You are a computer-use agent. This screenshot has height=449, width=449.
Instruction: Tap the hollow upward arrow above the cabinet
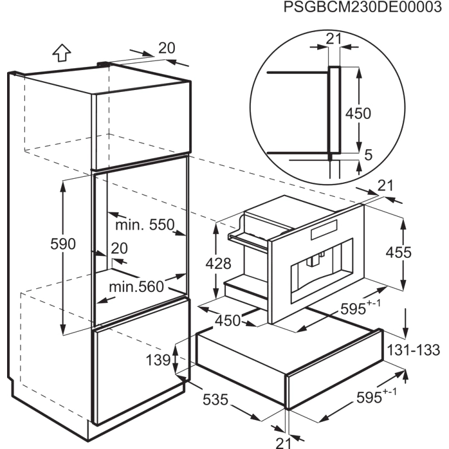coord(61,52)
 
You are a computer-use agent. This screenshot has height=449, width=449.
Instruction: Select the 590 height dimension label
coord(63,244)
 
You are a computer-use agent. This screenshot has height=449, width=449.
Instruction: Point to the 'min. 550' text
coord(145,225)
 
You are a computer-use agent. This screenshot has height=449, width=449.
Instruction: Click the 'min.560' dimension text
coord(136,286)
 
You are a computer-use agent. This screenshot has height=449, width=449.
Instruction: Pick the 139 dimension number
coord(157,360)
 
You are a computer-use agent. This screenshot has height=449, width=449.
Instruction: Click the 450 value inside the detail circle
coord(358,113)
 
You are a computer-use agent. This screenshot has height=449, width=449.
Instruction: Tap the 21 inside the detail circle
coord(333,38)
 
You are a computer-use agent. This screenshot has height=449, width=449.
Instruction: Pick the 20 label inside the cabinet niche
coord(119,249)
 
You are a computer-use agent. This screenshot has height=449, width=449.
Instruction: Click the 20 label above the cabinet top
coord(167,47)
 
